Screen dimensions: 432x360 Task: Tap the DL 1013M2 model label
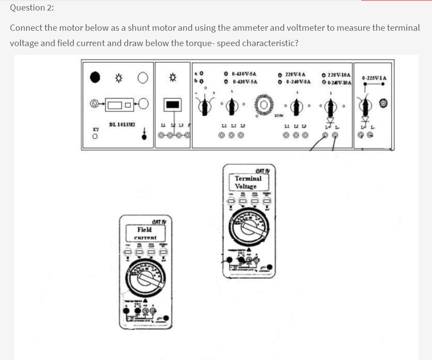pyautogui.click(x=122, y=125)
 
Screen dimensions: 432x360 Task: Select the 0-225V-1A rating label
pyautogui.click(x=374, y=78)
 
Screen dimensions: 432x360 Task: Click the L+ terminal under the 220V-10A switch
pyautogui.click(x=327, y=136)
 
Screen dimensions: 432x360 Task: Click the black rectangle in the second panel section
pyautogui.click(x=172, y=105)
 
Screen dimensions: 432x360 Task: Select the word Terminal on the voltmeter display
pyautogui.click(x=248, y=178)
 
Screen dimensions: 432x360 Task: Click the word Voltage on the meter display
pyautogui.click(x=246, y=186)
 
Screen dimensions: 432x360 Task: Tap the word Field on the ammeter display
pyautogui.click(x=145, y=229)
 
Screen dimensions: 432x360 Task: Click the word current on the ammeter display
pyautogui.click(x=145, y=237)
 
